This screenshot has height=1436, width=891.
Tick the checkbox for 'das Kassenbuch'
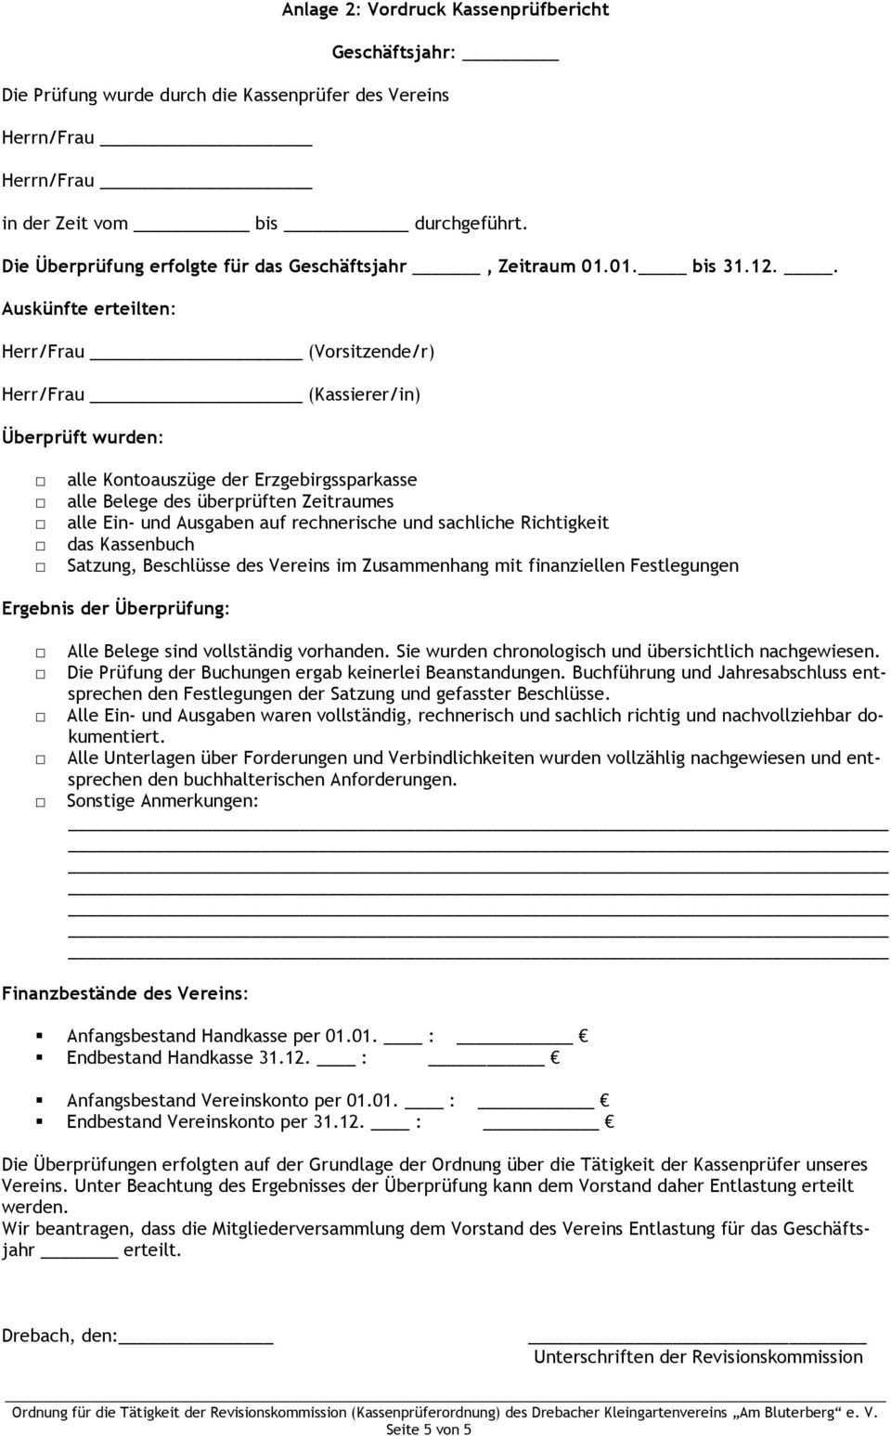[42, 546]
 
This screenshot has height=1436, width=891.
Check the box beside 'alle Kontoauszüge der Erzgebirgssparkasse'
[42, 482]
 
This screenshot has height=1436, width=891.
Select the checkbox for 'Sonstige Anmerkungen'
[42, 802]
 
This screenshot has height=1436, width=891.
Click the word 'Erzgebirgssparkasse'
[336, 480]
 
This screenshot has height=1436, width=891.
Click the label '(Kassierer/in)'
[365, 395]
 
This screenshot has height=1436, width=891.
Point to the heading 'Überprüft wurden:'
[83, 436]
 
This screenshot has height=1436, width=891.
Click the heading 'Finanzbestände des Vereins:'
[125, 993]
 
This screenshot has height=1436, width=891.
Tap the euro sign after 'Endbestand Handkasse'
[554, 1058]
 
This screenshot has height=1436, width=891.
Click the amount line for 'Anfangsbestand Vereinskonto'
[536, 1105]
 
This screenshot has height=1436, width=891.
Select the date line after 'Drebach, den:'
[196, 1339]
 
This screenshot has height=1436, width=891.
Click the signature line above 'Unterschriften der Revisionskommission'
[696, 1339]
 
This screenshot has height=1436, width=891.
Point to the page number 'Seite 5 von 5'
[429, 1430]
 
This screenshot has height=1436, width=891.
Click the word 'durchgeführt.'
[471, 223]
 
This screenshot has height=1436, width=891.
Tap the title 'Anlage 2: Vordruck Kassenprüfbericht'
[445, 10]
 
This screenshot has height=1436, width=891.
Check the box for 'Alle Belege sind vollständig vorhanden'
[42, 653]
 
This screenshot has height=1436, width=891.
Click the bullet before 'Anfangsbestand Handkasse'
[41, 1035]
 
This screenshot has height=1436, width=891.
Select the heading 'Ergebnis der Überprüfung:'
[116, 609]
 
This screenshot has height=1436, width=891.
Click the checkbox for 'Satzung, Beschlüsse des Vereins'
[42, 567]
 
